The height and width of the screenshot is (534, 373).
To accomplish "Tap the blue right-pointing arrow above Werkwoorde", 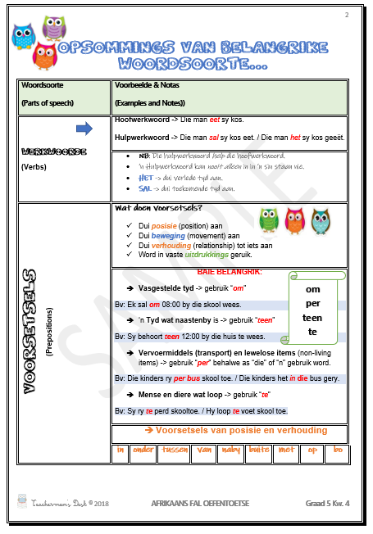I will coord(84,129).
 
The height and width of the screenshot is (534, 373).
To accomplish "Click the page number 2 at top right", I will coord(346,15).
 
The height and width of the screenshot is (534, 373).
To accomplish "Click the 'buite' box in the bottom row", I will coord(259,450).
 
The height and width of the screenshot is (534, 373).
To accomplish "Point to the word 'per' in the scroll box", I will coord(312,304).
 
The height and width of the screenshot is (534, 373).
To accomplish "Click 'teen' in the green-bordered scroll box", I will coord(312,318).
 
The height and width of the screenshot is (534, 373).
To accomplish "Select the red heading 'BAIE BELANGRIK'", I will coord(229,271).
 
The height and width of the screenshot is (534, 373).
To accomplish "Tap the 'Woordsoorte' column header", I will coord(43,85).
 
